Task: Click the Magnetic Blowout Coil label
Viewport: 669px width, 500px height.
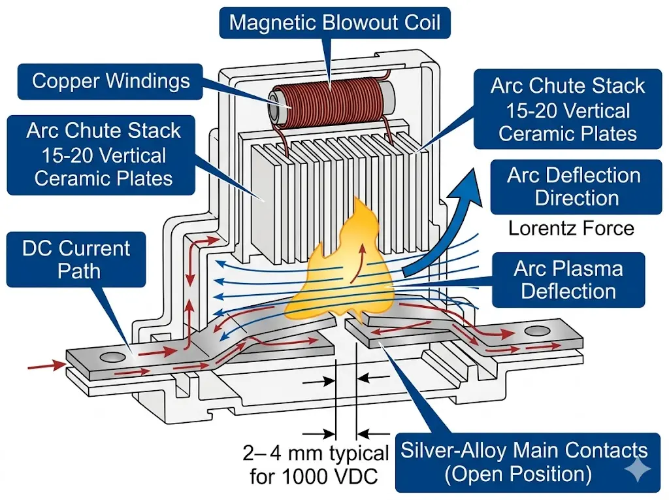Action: pyautogui.click(x=334, y=24)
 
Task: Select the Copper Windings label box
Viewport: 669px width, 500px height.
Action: pyautogui.click(x=111, y=81)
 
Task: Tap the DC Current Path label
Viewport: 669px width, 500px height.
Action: pyautogui.click(x=76, y=259)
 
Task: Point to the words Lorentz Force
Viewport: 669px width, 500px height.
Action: pyautogui.click(x=571, y=228)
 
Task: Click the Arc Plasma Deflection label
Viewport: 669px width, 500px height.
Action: pyautogui.click(x=568, y=280)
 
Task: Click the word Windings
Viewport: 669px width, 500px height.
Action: pyautogui.click(x=148, y=81)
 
